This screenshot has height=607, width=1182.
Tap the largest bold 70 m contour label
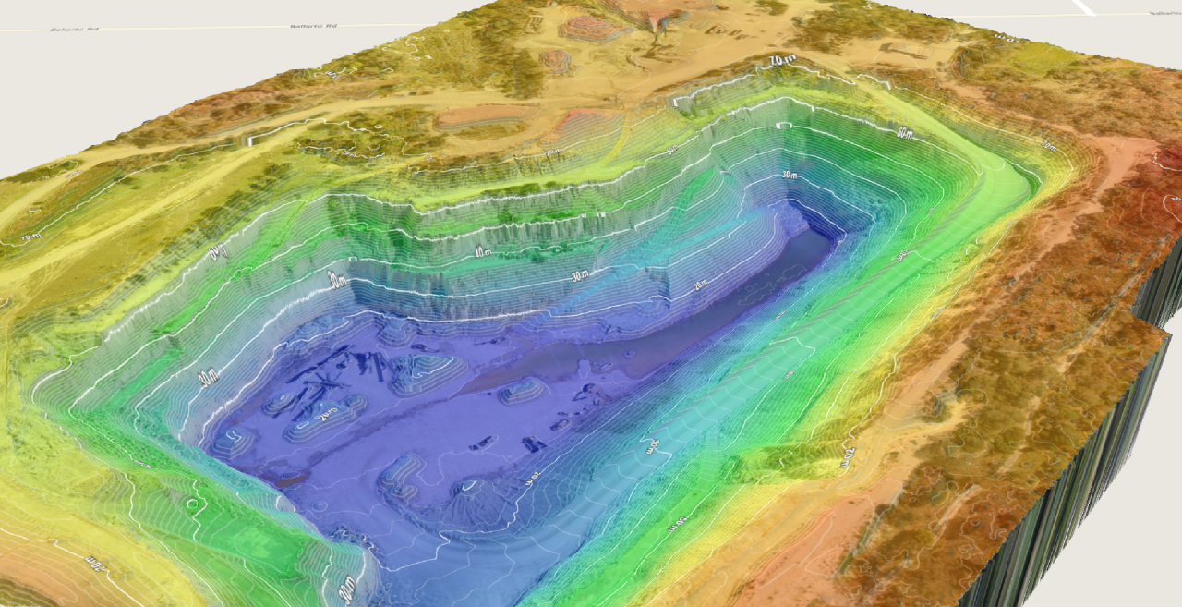783,62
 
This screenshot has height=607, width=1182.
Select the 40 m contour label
481,251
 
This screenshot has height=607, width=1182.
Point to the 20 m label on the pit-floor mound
325,415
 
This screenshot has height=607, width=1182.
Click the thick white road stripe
1083,6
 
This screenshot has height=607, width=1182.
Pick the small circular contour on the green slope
194,504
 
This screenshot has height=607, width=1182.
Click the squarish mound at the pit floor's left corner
231,442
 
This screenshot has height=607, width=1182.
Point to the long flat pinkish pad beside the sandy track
480,116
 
